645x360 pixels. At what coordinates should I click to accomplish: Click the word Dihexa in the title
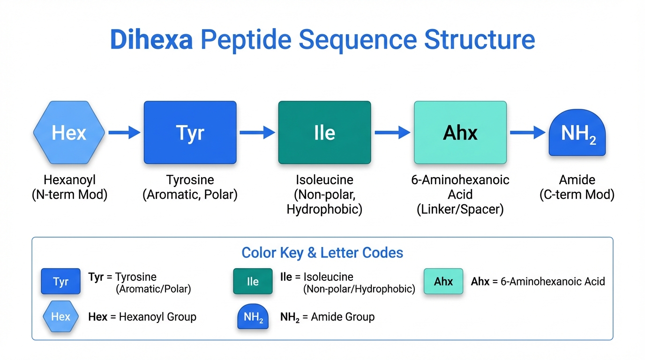[151, 40]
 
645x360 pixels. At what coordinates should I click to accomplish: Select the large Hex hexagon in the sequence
[69, 133]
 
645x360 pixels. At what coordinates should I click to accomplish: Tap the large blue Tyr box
[190, 133]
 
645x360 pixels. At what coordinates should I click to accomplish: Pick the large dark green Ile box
[324, 133]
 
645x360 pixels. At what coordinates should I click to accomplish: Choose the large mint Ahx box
[460, 133]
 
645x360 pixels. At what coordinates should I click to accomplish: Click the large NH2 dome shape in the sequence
[577, 135]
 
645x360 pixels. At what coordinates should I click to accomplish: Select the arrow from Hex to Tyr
[124, 133]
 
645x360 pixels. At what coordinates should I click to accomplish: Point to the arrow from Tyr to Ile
[257, 133]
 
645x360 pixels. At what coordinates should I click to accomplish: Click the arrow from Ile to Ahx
[392, 133]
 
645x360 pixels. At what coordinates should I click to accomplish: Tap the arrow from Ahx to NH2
[527, 133]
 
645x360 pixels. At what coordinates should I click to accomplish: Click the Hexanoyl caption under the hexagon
[69, 180]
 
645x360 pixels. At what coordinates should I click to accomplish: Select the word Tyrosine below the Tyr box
[190, 180]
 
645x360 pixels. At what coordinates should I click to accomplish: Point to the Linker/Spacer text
[460, 210]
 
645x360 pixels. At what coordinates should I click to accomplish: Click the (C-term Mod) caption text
[577, 195]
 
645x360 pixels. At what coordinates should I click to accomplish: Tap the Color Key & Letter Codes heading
[322, 253]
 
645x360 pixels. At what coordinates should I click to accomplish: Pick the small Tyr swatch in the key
[60, 281]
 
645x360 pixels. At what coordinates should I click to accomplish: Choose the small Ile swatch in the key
[253, 281]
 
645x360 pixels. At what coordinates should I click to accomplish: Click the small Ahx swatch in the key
[443, 281]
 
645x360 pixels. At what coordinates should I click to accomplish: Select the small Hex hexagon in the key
[60, 316]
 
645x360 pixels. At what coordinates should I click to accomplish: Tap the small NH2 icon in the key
[253, 317]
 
